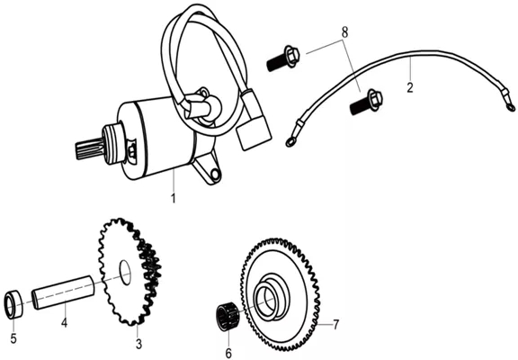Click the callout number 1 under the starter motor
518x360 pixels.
(x=173, y=198)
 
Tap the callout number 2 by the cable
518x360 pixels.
(x=410, y=88)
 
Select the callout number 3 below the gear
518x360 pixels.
(x=138, y=344)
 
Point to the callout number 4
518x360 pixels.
(x=64, y=322)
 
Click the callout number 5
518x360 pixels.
(x=13, y=338)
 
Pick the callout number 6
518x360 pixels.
(x=228, y=354)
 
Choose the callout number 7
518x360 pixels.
(x=335, y=325)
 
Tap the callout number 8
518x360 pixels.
(x=344, y=32)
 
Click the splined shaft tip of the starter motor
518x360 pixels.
(x=86, y=148)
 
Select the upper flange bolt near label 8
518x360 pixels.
(x=283, y=58)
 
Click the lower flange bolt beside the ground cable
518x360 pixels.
(x=366, y=102)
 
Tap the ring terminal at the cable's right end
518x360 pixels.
(x=509, y=107)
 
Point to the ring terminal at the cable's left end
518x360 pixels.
(x=290, y=142)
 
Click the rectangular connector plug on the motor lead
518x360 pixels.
(x=254, y=130)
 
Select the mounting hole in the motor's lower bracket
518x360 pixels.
(x=216, y=174)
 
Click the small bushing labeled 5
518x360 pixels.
(x=13, y=305)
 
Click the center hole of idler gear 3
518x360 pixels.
(x=125, y=272)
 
